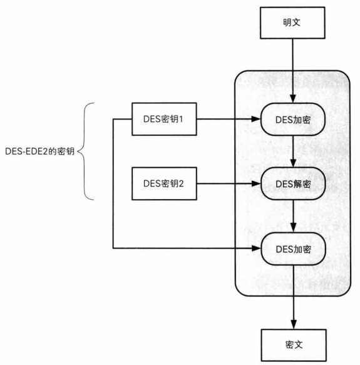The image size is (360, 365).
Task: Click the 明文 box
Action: tap(292, 24)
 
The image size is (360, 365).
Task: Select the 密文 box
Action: tap(292, 344)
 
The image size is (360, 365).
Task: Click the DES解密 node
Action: tap(292, 183)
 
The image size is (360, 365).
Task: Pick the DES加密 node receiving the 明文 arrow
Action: tap(292, 118)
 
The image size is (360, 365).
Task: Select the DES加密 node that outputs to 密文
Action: tap(292, 249)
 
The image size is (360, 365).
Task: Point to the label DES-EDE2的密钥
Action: tap(37, 152)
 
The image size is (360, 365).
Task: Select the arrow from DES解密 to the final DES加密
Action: tap(292, 216)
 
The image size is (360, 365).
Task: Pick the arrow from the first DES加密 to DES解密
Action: tap(292, 151)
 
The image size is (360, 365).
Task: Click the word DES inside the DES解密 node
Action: tap(284, 183)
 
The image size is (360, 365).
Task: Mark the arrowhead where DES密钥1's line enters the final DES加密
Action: tap(257, 249)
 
